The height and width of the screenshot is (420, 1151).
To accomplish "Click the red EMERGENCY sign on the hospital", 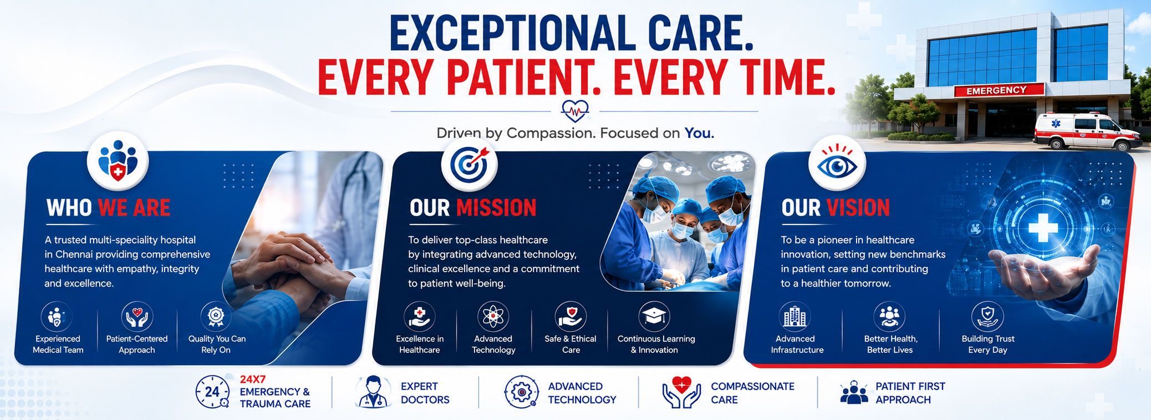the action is point(999,90).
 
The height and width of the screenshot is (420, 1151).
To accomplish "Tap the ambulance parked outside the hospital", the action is point(1087,131).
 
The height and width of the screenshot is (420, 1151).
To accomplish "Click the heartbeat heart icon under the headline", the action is point(574,111).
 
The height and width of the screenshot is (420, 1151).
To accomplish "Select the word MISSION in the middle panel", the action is point(496,208).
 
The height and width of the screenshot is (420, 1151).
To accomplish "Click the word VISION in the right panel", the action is point(858,208).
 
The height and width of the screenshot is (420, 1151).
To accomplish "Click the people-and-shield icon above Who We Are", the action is point(118,161).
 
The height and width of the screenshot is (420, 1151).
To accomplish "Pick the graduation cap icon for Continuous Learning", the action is point(654,316).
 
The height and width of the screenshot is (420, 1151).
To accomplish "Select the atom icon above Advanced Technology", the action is point(493,316).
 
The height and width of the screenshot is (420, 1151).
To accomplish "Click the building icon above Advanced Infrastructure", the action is point(795,316).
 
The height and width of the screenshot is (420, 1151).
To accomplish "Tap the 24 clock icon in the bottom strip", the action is point(212,392).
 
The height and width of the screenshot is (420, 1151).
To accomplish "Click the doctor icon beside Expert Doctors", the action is point(373,392).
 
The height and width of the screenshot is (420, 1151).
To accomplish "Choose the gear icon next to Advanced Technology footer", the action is point(521,392).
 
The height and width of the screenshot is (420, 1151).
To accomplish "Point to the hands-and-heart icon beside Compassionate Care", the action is point(681,392).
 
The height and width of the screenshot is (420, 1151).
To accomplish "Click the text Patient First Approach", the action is point(910,393).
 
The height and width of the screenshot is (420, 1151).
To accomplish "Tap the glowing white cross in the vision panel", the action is point(1043,228).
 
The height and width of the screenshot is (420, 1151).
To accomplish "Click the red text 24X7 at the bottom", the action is point(253,380).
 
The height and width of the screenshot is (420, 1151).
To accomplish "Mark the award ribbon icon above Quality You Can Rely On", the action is point(216,316).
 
